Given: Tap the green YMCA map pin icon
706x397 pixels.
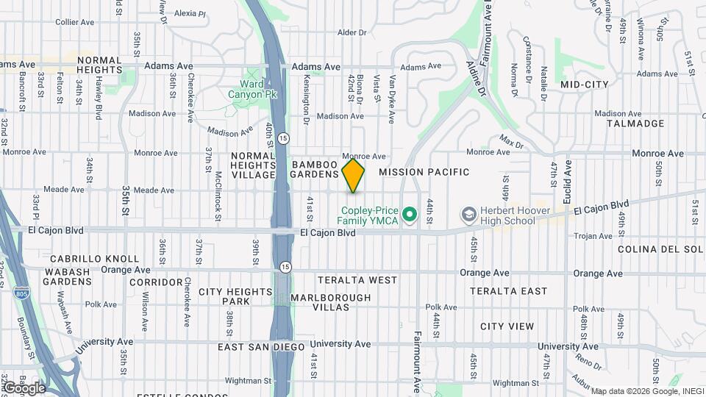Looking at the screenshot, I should [410, 215].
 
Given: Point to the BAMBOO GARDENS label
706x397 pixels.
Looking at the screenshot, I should [315, 169].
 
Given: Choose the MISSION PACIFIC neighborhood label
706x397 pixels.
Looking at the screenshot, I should [424, 172].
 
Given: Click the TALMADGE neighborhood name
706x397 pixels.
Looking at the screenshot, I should [635, 124].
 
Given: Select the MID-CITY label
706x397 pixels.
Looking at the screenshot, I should [585, 85].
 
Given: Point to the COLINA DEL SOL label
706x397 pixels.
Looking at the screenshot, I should [660, 249].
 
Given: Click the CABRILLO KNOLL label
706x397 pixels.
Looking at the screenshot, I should [94, 259].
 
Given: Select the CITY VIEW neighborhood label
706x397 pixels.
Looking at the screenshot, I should [507, 326].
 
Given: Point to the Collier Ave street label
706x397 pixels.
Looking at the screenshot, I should [75, 22].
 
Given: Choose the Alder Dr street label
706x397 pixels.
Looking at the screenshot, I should [351, 32].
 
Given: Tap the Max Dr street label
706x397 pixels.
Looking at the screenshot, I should [510, 138].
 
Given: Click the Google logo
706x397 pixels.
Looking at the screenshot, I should [24, 387].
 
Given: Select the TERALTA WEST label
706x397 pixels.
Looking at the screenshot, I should [357, 280].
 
